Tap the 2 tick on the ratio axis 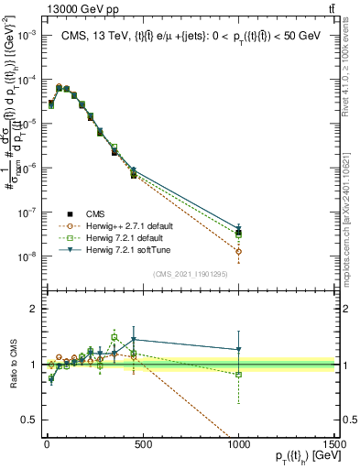point(29,309)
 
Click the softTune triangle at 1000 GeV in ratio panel point(238,349)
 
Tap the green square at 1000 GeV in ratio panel point(238,375)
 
